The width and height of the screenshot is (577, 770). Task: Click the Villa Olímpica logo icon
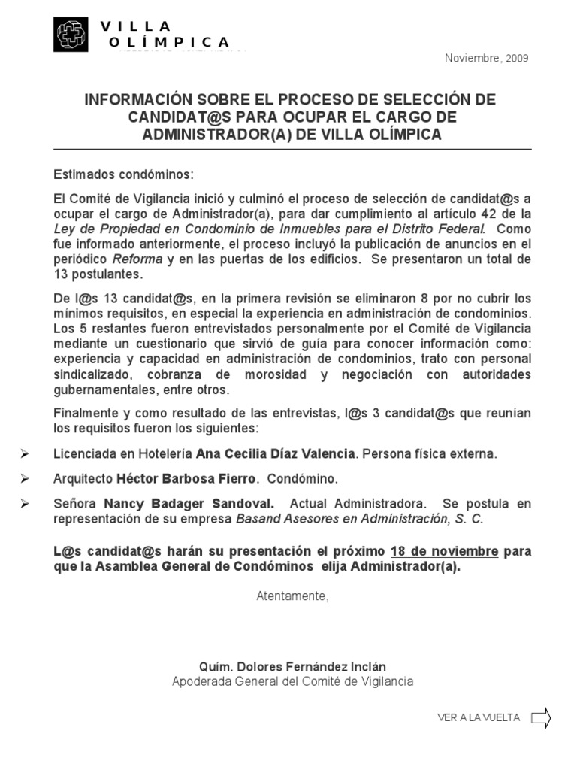[x=71, y=35]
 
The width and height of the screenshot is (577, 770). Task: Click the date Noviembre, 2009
[x=487, y=59]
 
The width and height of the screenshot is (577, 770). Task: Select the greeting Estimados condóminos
[x=123, y=174]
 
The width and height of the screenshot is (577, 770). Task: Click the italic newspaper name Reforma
[x=137, y=259]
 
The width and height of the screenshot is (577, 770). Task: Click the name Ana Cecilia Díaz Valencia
[x=275, y=454]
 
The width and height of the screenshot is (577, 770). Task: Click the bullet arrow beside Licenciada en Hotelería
[x=26, y=454]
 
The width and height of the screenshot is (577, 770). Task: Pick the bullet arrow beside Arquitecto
[x=26, y=479]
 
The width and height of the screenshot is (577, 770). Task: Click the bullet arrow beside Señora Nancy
[x=26, y=503]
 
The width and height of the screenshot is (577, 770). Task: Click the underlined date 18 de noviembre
[x=444, y=551]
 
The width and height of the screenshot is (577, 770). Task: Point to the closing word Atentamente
[x=292, y=596]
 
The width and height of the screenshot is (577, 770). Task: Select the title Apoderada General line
[x=292, y=681]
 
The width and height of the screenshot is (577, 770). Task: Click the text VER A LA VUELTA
[x=479, y=718]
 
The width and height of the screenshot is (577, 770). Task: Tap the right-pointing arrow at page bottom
[x=541, y=718]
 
